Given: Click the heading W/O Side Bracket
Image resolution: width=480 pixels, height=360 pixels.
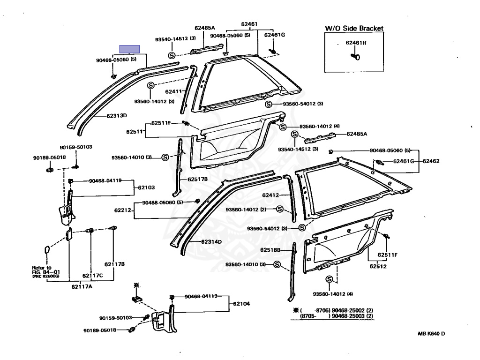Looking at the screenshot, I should (x=354, y=29).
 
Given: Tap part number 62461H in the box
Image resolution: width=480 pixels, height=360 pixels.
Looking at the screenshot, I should (x=356, y=43).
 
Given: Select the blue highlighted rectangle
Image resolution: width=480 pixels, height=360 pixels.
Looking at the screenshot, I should (x=129, y=49).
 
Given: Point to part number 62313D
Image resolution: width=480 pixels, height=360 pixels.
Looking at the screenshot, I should (x=117, y=115).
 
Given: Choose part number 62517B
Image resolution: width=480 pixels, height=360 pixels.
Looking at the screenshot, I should (x=197, y=179).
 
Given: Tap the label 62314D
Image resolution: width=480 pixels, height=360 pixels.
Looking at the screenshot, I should (x=211, y=242).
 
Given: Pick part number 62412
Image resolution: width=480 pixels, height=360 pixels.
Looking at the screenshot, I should (x=270, y=195).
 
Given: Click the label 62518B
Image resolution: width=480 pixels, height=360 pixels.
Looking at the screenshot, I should (x=270, y=251).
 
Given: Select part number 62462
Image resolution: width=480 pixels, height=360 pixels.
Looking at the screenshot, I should (x=431, y=161).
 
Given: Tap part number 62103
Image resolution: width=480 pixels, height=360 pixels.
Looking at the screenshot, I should (x=146, y=187).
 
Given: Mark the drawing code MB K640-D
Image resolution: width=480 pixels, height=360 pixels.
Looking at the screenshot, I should (x=431, y=333).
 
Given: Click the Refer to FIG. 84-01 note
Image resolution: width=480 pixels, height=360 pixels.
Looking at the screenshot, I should (x=42, y=271).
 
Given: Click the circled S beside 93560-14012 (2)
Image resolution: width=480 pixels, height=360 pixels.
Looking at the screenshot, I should (x=280, y=209).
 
